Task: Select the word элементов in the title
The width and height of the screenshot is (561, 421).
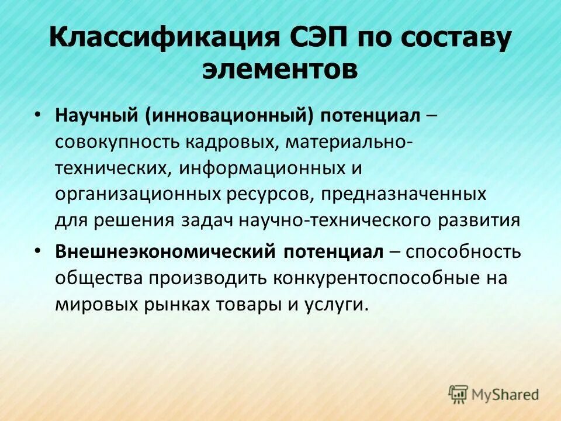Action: (x=280, y=70)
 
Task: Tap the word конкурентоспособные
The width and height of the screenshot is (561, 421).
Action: (x=376, y=278)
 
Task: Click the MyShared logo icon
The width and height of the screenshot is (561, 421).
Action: (x=459, y=394)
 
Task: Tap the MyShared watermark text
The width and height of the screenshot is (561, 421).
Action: (x=505, y=395)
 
